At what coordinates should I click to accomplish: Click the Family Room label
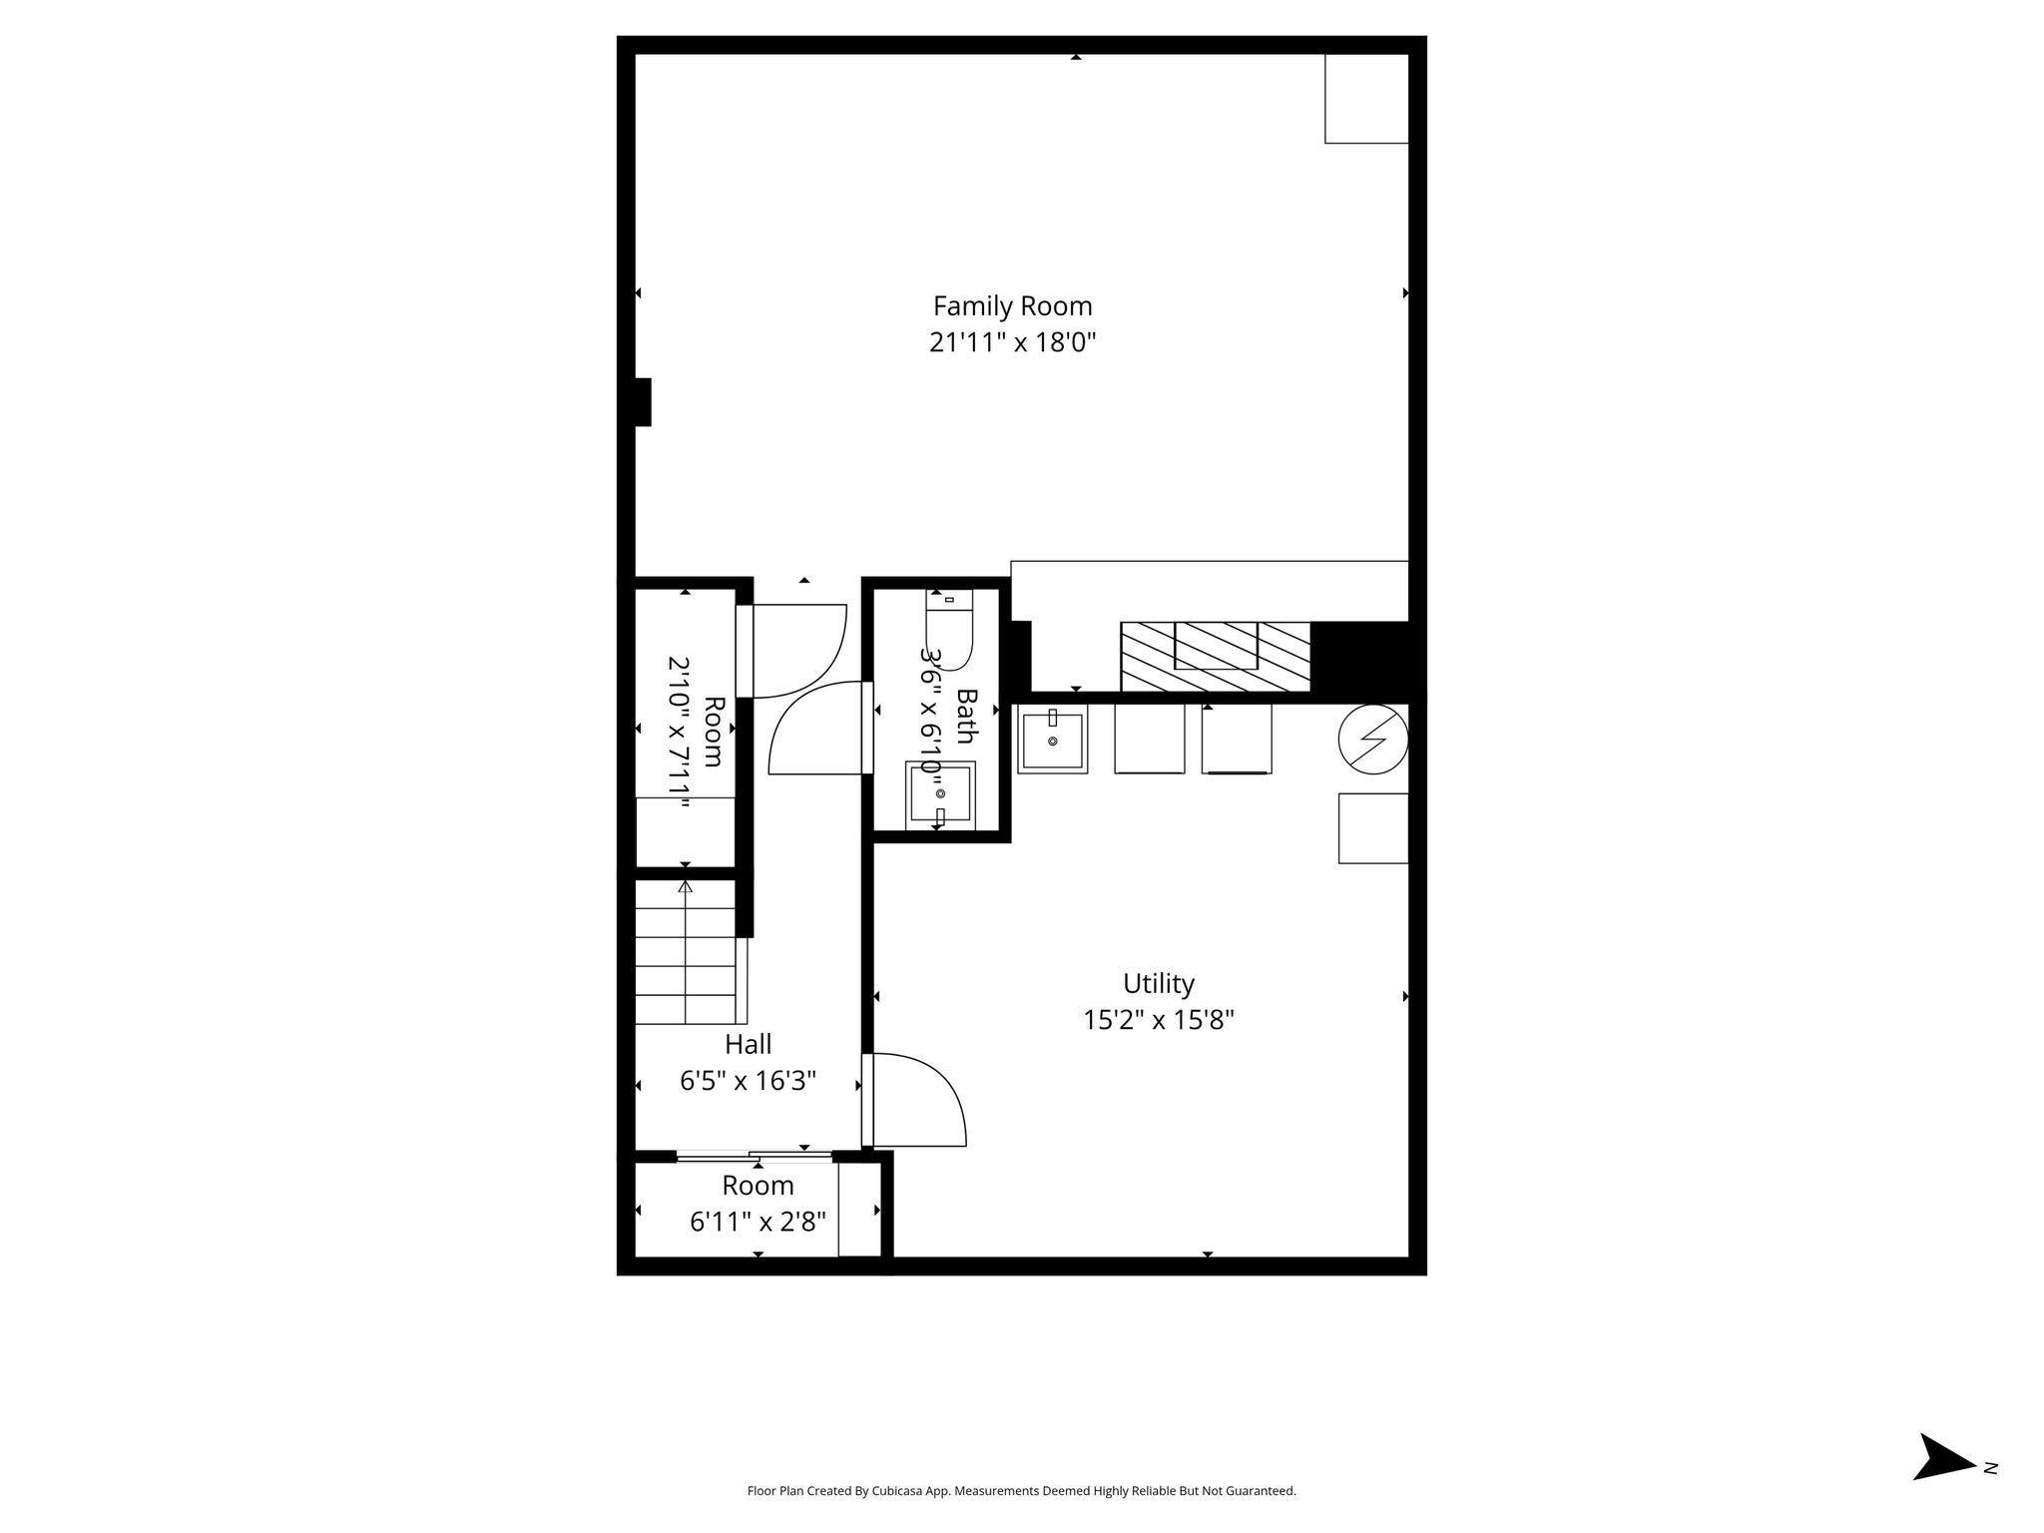click(1012, 305)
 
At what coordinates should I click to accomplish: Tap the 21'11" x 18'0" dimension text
click(1012, 342)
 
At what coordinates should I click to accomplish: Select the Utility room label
click(1158, 984)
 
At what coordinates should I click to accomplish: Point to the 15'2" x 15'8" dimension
click(1159, 1020)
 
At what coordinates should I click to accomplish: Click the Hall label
click(748, 1044)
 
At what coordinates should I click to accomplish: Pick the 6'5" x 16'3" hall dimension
click(748, 1081)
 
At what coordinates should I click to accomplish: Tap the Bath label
click(965, 716)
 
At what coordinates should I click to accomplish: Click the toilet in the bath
click(948, 630)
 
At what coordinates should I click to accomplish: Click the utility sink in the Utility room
click(1052, 740)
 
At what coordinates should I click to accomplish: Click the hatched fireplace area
click(1215, 656)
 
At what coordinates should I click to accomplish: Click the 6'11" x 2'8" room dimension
click(758, 1222)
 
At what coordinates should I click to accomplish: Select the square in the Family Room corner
click(1366, 98)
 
